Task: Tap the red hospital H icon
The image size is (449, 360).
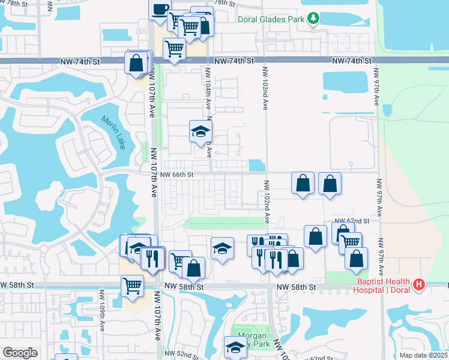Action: pos(420,283)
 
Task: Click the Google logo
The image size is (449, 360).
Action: pos(20,353)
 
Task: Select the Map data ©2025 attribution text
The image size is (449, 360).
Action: pos(424,355)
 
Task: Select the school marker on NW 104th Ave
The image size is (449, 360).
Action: pos(200,133)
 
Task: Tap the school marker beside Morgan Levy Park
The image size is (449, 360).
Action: pos(235,347)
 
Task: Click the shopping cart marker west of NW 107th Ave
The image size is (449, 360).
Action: pos(133,286)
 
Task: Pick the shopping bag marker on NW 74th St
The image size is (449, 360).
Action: pos(137,62)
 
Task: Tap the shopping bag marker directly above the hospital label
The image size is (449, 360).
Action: pos(356,258)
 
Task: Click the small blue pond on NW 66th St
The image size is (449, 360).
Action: pos(256,164)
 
